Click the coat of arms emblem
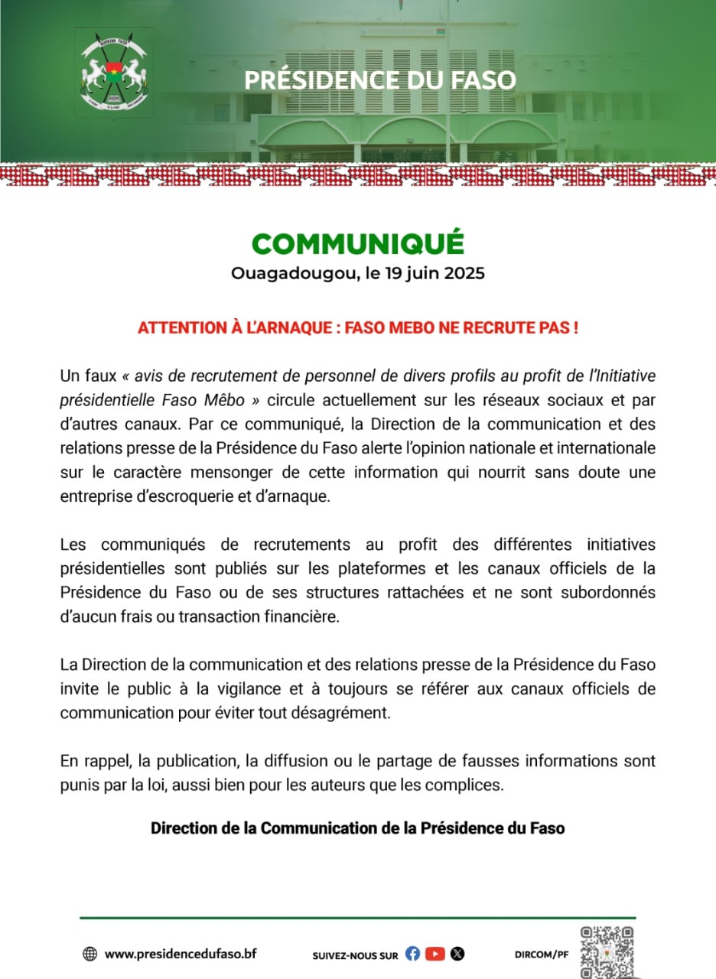tap(113, 72)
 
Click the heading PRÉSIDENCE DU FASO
tap(380, 80)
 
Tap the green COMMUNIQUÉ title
tap(358, 243)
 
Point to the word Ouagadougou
tap(291, 274)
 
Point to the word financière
tap(295, 617)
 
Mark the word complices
tap(470, 785)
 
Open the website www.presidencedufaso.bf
tap(181, 953)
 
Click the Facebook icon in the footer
tap(413, 954)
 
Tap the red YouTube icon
tap(435, 954)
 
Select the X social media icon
tap(457, 954)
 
